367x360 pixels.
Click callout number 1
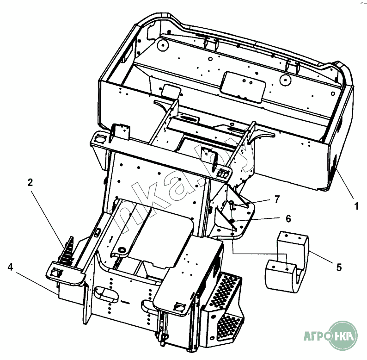[x=356, y=206]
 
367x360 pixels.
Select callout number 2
[x=30, y=183]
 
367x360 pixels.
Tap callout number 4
[x=10, y=267]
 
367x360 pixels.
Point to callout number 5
[x=339, y=267]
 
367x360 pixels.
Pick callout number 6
[x=288, y=219]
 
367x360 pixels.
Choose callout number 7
[x=277, y=199]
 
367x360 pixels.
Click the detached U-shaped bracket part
[x=287, y=262]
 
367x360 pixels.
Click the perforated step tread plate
[x=225, y=308]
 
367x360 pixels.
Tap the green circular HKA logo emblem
[x=343, y=335]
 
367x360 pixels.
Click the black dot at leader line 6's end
[x=232, y=221]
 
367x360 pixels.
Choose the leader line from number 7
[x=253, y=203]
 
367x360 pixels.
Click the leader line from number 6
[x=258, y=220]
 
